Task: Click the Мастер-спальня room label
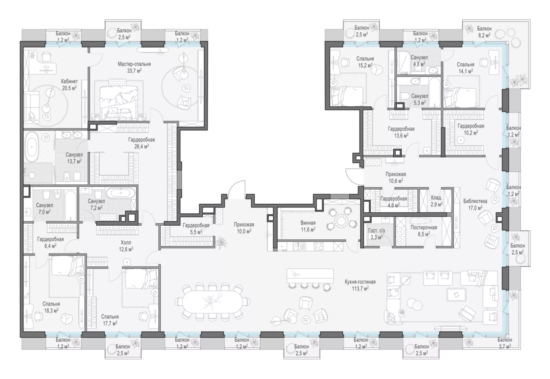pyautogui.click(x=134, y=64)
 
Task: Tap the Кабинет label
pyautogui.click(x=69, y=82)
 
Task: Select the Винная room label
pyautogui.click(x=308, y=223)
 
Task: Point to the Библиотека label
pyautogui.click(x=475, y=201)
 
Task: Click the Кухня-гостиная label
pyautogui.click(x=360, y=282)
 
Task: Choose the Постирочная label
pyautogui.click(x=424, y=227)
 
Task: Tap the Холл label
pyautogui.click(x=126, y=243)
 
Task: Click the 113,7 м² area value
pyautogui.click(x=360, y=288)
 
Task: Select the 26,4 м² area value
pyautogui.click(x=142, y=146)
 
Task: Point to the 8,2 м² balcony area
pyautogui.click(x=484, y=35)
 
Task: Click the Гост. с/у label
pyautogui.click(x=377, y=231)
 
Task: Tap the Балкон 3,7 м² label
pyautogui.click(x=505, y=343)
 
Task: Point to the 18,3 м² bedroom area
pyautogui.click(x=51, y=311)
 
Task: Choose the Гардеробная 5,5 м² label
pyautogui.click(x=196, y=229)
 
